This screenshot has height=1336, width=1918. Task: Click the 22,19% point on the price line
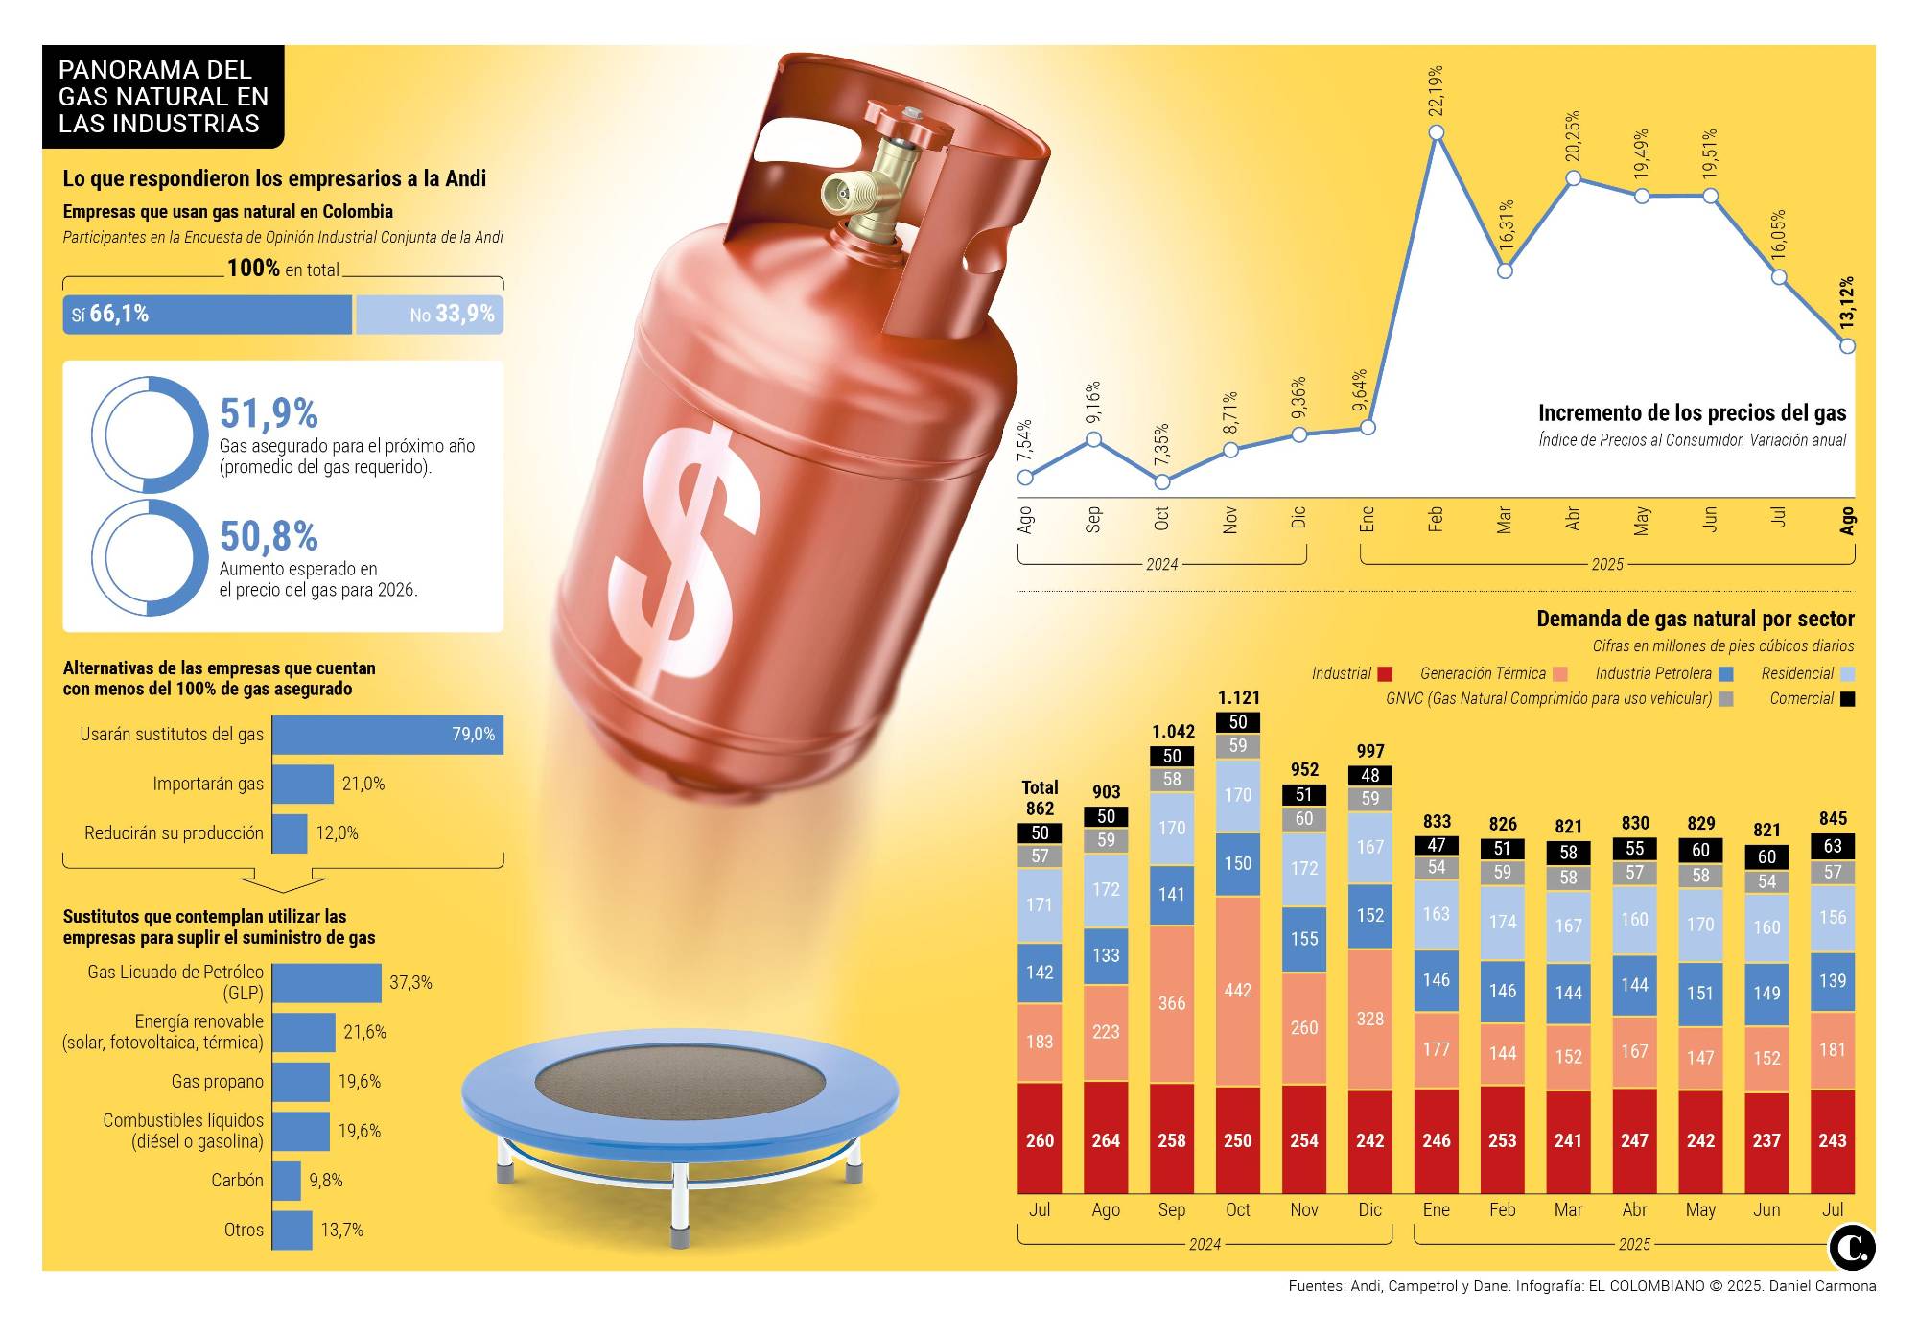point(1436,133)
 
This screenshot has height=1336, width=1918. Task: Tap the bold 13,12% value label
point(1847,303)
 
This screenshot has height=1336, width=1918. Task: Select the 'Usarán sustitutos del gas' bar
point(387,735)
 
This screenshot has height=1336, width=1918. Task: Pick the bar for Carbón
point(286,1181)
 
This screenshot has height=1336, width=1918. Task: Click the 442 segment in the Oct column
point(1237,990)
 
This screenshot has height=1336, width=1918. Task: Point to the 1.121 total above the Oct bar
point(1238,698)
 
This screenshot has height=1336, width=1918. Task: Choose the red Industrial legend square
point(1384,674)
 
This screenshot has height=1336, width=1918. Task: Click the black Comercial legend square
point(1847,699)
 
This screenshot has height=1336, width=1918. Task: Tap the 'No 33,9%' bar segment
point(430,315)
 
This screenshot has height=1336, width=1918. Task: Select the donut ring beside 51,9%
point(150,434)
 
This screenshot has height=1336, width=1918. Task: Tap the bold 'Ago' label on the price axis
point(1847,520)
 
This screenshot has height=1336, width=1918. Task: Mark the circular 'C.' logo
point(1851,1247)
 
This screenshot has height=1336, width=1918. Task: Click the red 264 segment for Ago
point(1106,1139)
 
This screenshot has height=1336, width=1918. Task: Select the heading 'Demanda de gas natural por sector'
point(1695,619)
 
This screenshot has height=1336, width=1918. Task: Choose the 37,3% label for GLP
point(410,983)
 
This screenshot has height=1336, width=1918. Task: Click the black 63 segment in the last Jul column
point(1832,846)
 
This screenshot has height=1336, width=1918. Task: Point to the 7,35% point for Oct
point(1161,481)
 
